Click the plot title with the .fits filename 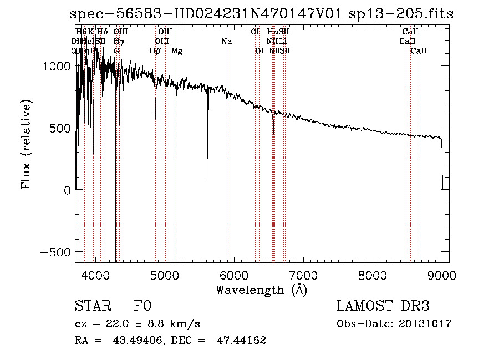coord(262,14)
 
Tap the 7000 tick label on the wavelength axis coord(303,275)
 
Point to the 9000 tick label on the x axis coord(442,275)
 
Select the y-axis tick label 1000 coord(57,66)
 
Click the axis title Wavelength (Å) coord(261,290)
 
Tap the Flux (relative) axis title coord(26,144)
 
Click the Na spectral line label coord(226,41)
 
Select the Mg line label coord(177,51)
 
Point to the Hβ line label coord(155,51)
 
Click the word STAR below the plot coord(92,306)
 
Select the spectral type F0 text coord(142,306)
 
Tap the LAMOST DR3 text coord(383,306)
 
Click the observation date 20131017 coord(426,324)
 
